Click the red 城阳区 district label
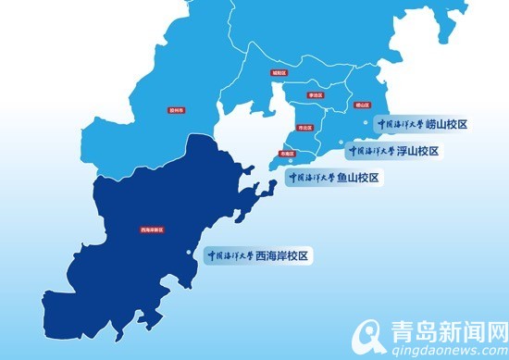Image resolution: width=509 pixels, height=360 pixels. (279, 71)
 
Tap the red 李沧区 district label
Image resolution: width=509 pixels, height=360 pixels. (316, 94)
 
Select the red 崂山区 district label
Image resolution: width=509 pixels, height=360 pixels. (362, 106)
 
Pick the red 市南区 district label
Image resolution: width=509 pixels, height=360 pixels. (286, 154)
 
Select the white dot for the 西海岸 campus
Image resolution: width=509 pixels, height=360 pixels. (192, 254)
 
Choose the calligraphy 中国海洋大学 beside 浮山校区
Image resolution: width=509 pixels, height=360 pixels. (371, 150)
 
